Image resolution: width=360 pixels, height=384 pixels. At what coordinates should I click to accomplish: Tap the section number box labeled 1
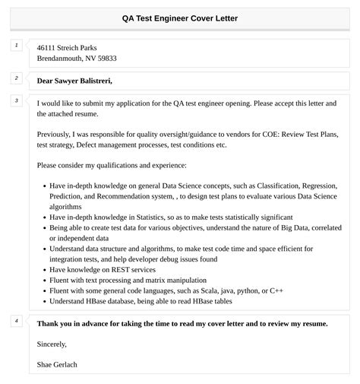(16, 46)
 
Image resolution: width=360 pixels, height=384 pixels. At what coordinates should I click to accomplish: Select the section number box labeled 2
(16, 78)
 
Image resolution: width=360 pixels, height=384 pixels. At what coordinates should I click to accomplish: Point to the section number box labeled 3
(16, 100)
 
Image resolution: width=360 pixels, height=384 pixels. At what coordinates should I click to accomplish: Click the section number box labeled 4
(16, 321)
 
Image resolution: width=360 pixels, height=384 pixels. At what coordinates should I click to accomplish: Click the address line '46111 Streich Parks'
(67, 47)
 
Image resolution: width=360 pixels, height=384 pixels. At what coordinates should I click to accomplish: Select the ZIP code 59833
(106, 59)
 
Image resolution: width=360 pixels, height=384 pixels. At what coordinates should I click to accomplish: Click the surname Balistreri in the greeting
(95, 81)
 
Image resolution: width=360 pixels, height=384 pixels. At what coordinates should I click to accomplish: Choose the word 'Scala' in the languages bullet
(191, 290)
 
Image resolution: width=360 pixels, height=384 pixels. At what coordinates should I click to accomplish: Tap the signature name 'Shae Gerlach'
(57, 364)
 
